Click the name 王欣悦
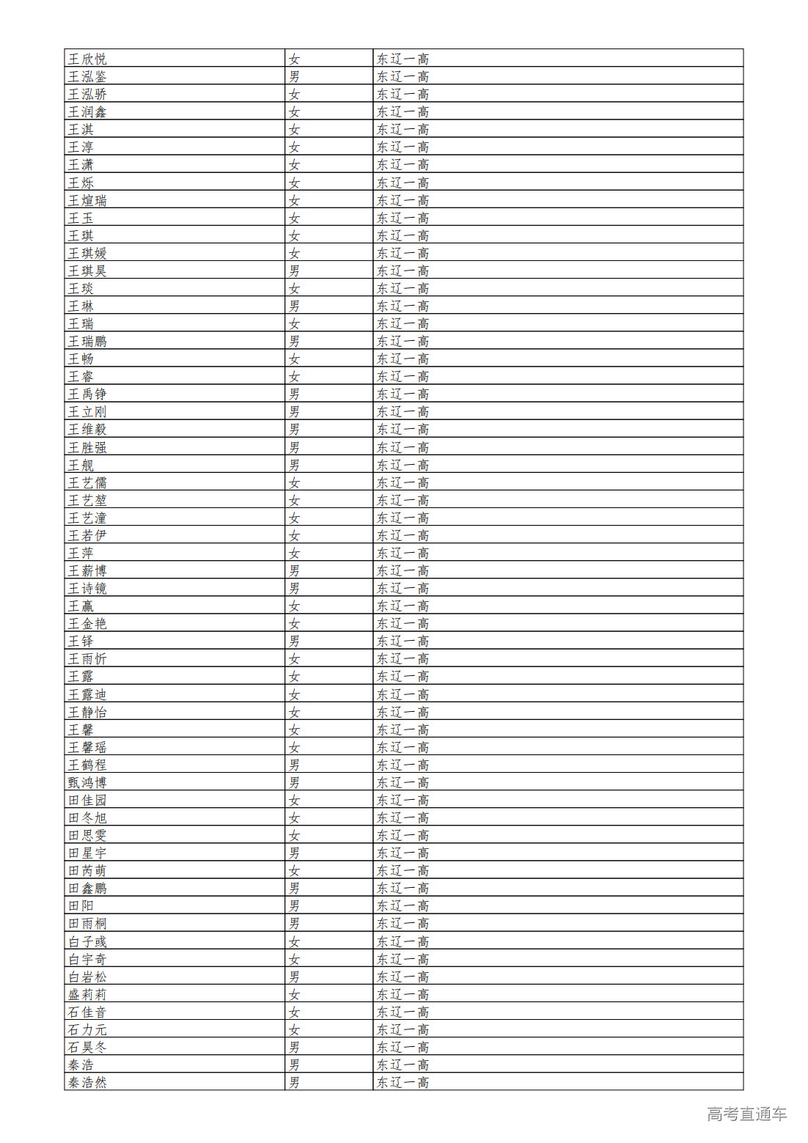point(87,59)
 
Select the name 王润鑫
point(87,111)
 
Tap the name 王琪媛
point(87,253)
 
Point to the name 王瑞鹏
point(87,341)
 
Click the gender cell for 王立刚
point(294,412)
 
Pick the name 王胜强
point(87,447)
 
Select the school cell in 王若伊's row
point(403,535)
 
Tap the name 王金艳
point(87,623)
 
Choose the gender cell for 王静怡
point(294,712)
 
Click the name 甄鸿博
point(87,782)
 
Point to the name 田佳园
point(87,800)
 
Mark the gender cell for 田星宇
point(294,853)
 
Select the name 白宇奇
point(87,959)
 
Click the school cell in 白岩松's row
point(403,977)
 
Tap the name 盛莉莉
point(87,994)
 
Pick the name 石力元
point(87,1029)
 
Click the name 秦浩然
point(87,1082)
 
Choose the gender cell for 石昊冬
point(294,1047)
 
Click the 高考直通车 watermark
point(746,1114)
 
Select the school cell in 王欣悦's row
point(403,59)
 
